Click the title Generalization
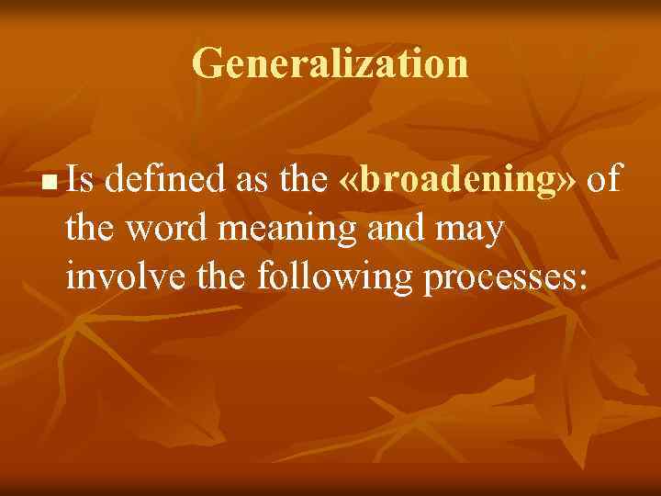[330, 64]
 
